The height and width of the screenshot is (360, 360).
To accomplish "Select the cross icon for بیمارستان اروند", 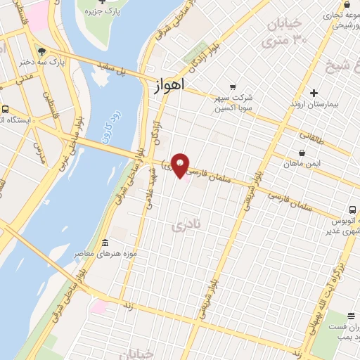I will [x=314, y=93].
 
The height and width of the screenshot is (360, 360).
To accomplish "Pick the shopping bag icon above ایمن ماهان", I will [x=302, y=153].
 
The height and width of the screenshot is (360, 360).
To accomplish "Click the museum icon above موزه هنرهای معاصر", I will [x=105, y=240].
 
